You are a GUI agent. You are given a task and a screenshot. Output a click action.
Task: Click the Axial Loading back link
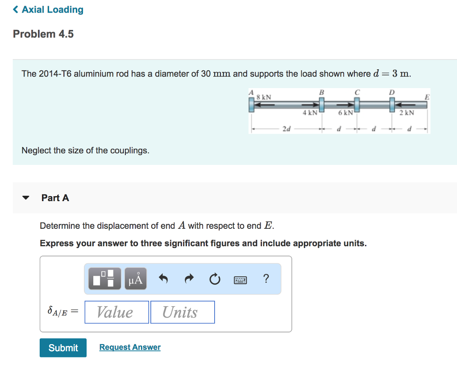(48, 10)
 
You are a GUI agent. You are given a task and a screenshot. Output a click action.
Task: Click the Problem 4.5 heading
(43, 34)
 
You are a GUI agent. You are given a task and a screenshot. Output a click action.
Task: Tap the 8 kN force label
(263, 97)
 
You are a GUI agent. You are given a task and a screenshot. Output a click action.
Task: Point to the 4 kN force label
(310, 113)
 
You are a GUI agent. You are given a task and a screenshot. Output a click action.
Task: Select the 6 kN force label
(345, 113)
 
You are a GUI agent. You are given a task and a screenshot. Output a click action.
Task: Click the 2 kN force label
(407, 113)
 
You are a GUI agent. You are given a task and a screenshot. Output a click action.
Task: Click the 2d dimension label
(286, 129)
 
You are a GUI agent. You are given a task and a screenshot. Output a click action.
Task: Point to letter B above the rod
(320, 92)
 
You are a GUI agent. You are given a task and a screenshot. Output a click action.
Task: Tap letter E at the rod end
(427, 96)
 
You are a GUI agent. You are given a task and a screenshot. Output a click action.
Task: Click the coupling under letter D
(392, 105)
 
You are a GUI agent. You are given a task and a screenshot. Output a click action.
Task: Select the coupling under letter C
(357, 105)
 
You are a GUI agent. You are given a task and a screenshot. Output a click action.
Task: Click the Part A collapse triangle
(26, 198)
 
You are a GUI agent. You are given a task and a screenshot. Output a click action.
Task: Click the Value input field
(116, 312)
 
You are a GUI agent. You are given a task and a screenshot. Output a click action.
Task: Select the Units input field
(182, 312)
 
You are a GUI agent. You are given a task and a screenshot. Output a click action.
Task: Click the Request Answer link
(130, 347)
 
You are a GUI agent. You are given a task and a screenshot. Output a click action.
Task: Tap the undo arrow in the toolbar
(163, 279)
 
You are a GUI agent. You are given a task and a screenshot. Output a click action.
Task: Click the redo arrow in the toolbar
(189, 279)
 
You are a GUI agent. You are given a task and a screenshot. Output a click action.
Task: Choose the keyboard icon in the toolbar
(240, 280)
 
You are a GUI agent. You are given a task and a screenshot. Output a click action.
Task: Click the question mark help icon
(266, 279)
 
